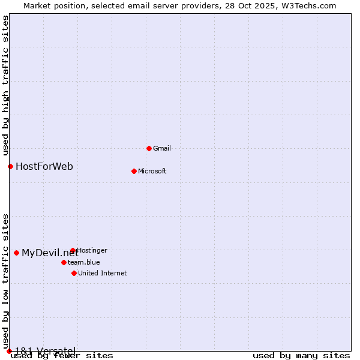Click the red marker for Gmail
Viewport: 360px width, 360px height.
tap(149, 148)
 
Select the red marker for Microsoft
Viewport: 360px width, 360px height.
tap(134, 171)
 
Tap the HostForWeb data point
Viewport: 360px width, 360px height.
tap(10, 166)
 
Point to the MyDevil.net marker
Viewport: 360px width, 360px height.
tap(16, 253)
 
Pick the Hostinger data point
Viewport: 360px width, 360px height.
tap(73, 250)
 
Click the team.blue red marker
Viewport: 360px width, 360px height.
tap(64, 262)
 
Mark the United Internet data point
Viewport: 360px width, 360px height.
tap(74, 273)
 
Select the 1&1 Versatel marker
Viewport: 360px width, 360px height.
tap(9, 351)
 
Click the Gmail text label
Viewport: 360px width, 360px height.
tap(162, 148)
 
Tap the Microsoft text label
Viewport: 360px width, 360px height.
tap(152, 171)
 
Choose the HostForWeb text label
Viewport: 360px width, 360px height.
tap(44, 166)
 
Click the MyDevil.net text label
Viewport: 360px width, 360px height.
tap(50, 253)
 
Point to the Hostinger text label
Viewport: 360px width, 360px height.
tap(92, 250)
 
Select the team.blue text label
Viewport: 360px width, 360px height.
tap(84, 262)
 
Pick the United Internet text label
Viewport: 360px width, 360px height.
tap(103, 273)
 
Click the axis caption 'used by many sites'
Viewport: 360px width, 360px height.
tap(301, 355)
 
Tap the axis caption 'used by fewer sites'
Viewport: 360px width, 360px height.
tap(62, 355)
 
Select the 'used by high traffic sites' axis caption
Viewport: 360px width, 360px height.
tap(5, 85)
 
